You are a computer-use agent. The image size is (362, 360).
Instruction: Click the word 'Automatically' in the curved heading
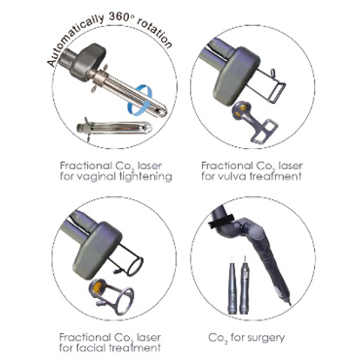pos(76,39)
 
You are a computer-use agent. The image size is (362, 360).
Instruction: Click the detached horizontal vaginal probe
pos(114,128)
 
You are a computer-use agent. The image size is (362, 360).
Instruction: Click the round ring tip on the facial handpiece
pos(134,266)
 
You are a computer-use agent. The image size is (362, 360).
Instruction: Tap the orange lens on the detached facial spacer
pos(98,286)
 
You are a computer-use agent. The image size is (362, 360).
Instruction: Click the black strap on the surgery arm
pos(221,221)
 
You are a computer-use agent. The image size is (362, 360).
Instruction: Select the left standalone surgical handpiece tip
pos(232,285)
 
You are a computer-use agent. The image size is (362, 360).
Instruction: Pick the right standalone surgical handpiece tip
pos(244,285)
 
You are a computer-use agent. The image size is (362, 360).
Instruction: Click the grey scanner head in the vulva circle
pos(236,76)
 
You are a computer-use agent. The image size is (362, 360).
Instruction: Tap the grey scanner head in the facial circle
pos(97,251)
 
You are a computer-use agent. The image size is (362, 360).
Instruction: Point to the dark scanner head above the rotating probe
pos(88,61)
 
